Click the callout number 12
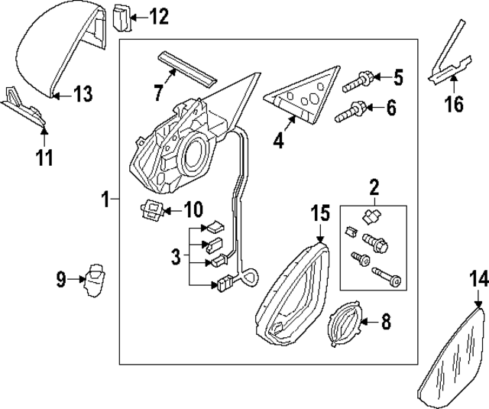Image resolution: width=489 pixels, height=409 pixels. (159, 15)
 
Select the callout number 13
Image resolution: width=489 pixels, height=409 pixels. (82, 94)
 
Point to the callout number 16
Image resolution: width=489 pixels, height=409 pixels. (454, 103)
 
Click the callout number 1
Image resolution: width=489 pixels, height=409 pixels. (106, 200)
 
